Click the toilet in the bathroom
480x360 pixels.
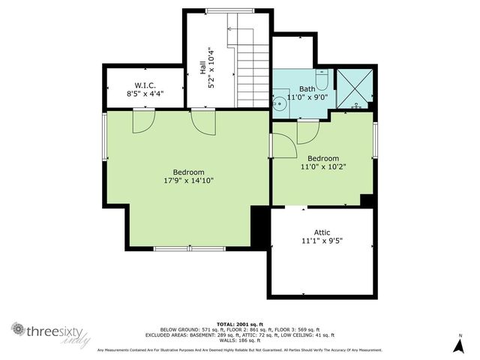(x=322, y=80)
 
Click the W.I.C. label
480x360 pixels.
(x=145, y=85)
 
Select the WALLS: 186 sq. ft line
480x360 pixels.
(x=240, y=340)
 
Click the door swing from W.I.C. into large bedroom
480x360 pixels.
(x=144, y=121)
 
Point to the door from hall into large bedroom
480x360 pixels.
(x=202, y=121)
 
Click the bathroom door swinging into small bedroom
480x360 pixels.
(x=307, y=130)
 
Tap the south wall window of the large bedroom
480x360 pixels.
(x=189, y=248)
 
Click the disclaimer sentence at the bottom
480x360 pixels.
(x=240, y=349)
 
